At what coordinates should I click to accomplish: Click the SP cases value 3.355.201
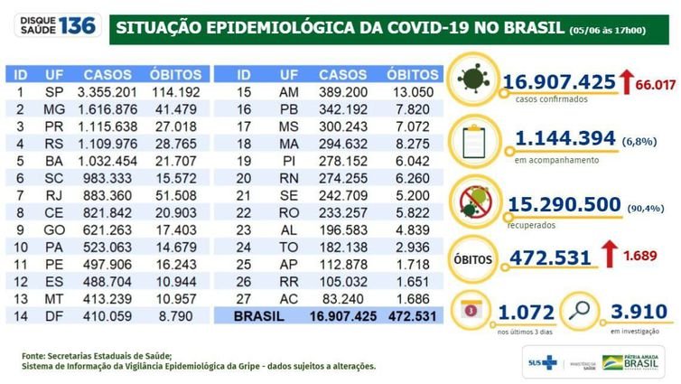107,91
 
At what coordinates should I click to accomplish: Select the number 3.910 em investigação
636,313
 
